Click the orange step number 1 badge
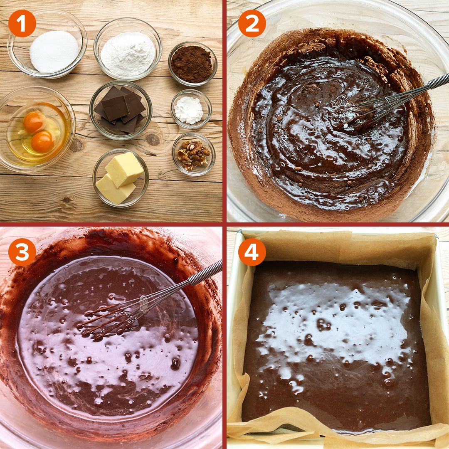coord(22,23)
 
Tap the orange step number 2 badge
coord(252,23)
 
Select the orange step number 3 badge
coord(22,252)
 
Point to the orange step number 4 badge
coord(252,252)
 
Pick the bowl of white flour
coord(128,49)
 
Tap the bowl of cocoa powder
coord(193,64)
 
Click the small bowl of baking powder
coord(191,109)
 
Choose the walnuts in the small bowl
coord(193,155)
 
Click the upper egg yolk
coord(34,122)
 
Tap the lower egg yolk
coord(42,142)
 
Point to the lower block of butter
coord(115,189)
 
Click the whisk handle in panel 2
coord(439,81)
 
